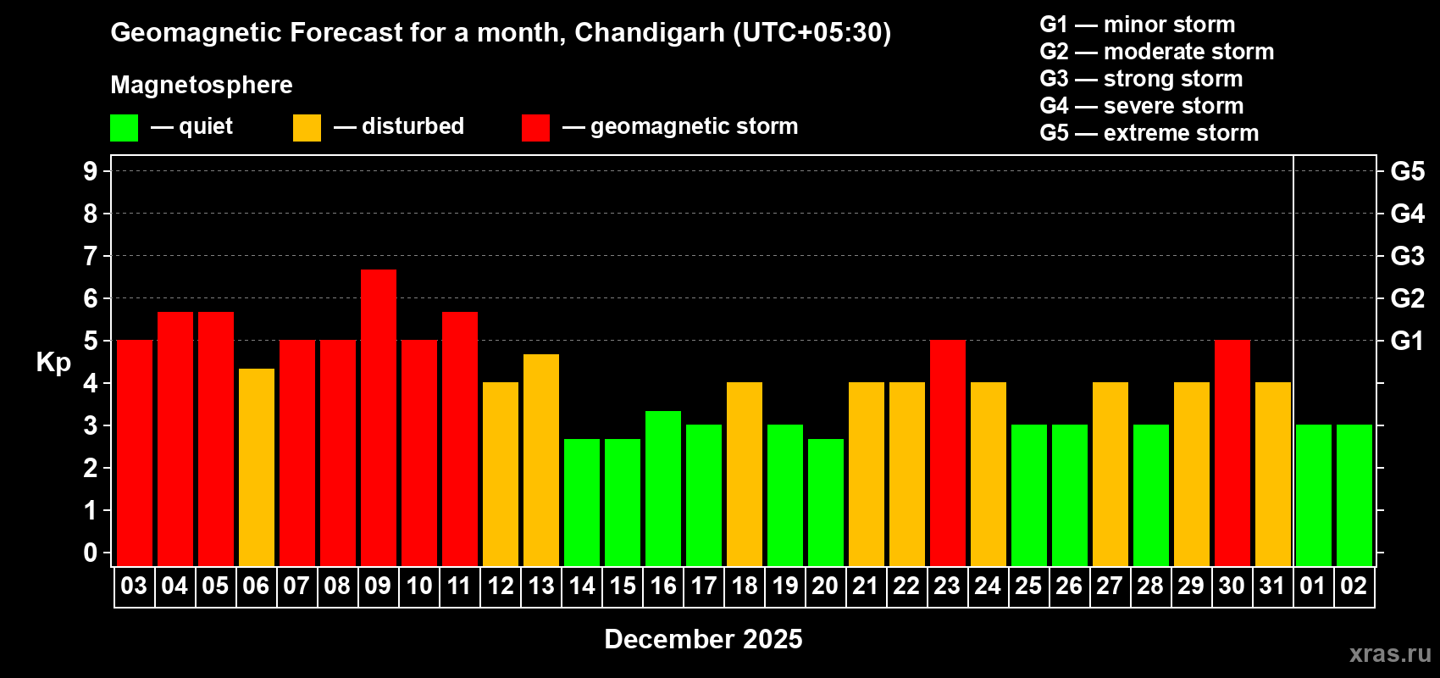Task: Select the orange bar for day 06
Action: [x=257, y=467]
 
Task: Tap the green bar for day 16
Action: [x=663, y=488]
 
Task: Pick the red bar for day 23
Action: [x=948, y=453]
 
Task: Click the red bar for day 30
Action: [x=1232, y=453]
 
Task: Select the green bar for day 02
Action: [x=1354, y=495]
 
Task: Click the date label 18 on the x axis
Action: [x=745, y=586]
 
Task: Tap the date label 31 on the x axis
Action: [x=1272, y=586]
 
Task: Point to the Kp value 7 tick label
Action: [x=90, y=256]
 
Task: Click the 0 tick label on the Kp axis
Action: [x=90, y=553]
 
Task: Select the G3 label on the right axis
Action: [x=1407, y=256]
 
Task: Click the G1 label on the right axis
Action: [x=1407, y=341]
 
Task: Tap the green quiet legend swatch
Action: [x=125, y=128]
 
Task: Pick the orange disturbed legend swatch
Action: [x=307, y=128]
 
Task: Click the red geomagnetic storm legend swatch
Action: [x=535, y=128]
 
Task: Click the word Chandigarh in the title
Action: [x=650, y=32]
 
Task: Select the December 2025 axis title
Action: [x=703, y=639]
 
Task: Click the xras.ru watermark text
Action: [x=1390, y=653]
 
